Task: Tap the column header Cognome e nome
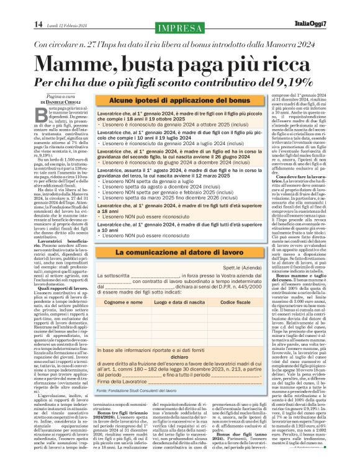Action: pyautogui.click(x=125, y=300)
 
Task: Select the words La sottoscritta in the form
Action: pyautogui.click(x=116, y=273)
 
